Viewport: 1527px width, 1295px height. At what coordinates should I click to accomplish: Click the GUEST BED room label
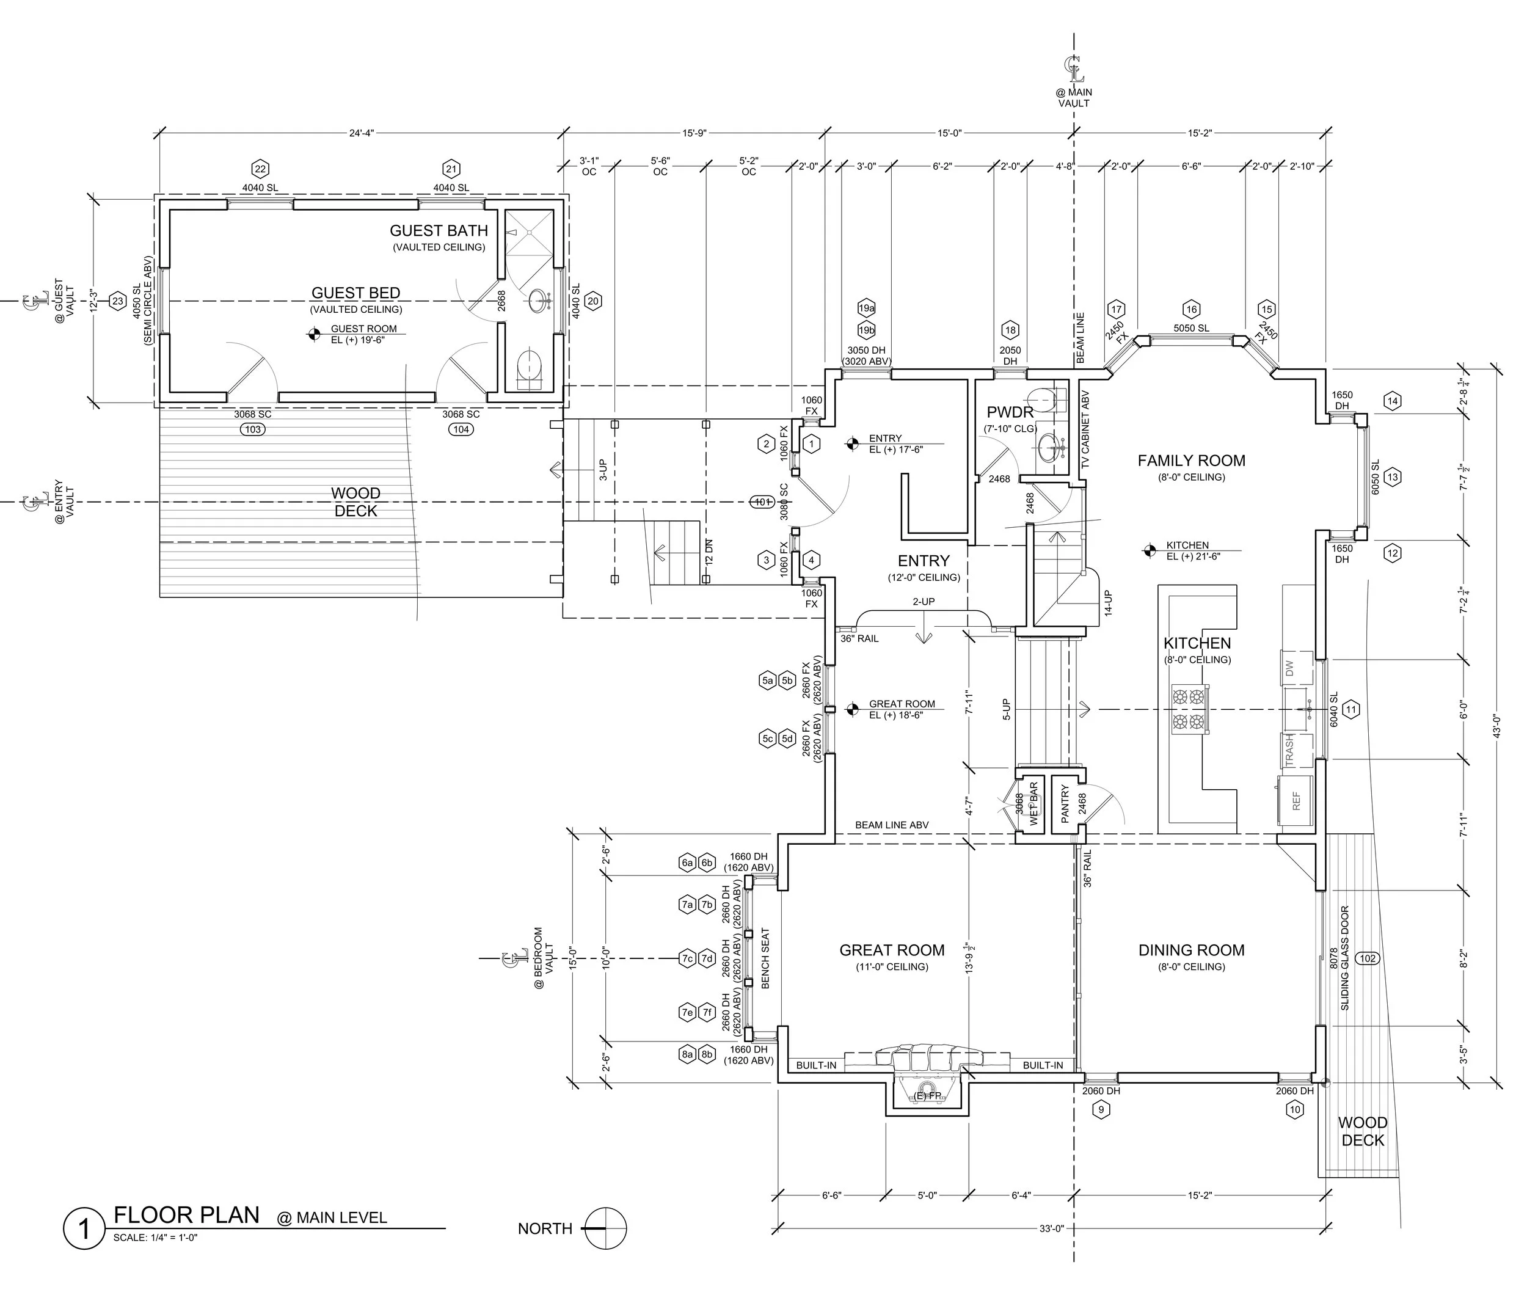[x=355, y=293]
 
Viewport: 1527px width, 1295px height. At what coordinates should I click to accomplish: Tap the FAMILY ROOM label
[x=1191, y=461]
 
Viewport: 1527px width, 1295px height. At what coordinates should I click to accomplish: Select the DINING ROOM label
[x=1191, y=950]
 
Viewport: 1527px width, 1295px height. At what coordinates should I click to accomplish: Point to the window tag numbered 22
[x=260, y=169]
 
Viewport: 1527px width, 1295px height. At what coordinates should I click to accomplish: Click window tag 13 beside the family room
[x=1392, y=477]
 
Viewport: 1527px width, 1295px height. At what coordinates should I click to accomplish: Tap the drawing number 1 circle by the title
[x=84, y=1228]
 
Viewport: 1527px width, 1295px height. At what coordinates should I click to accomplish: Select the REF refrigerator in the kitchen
[x=1296, y=801]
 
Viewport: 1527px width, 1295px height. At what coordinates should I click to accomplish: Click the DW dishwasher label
[x=1289, y=669]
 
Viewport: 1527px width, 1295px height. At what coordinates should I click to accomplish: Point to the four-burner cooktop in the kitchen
[x=1189, y=709]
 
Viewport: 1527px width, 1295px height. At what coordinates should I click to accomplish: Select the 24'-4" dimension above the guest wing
[x=361, y=133]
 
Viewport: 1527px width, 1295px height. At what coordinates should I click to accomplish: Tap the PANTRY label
[x=1065, y=803]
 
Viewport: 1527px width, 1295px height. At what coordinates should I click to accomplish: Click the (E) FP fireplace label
[x=927, y=1096]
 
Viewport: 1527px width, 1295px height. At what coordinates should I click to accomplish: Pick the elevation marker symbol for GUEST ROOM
[x=313, y=335]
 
